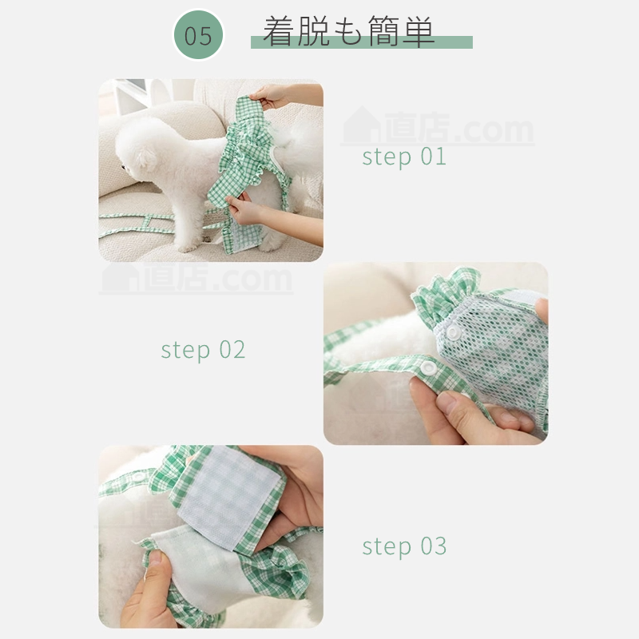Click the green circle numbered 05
tap(198, 35)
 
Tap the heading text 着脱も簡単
tap(348, 31)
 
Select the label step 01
tap(404, 157)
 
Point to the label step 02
tap(203, 350)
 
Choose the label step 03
tap(404, 546)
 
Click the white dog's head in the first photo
tap(141, 149)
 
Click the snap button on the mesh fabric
tap(452, 332)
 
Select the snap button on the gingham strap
tap(428, 367)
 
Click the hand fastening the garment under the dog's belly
tap(247, 210)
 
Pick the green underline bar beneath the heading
tap(362, 42)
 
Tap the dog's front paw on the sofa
tap(188, 247)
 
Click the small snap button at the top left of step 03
tap(138, 475)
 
